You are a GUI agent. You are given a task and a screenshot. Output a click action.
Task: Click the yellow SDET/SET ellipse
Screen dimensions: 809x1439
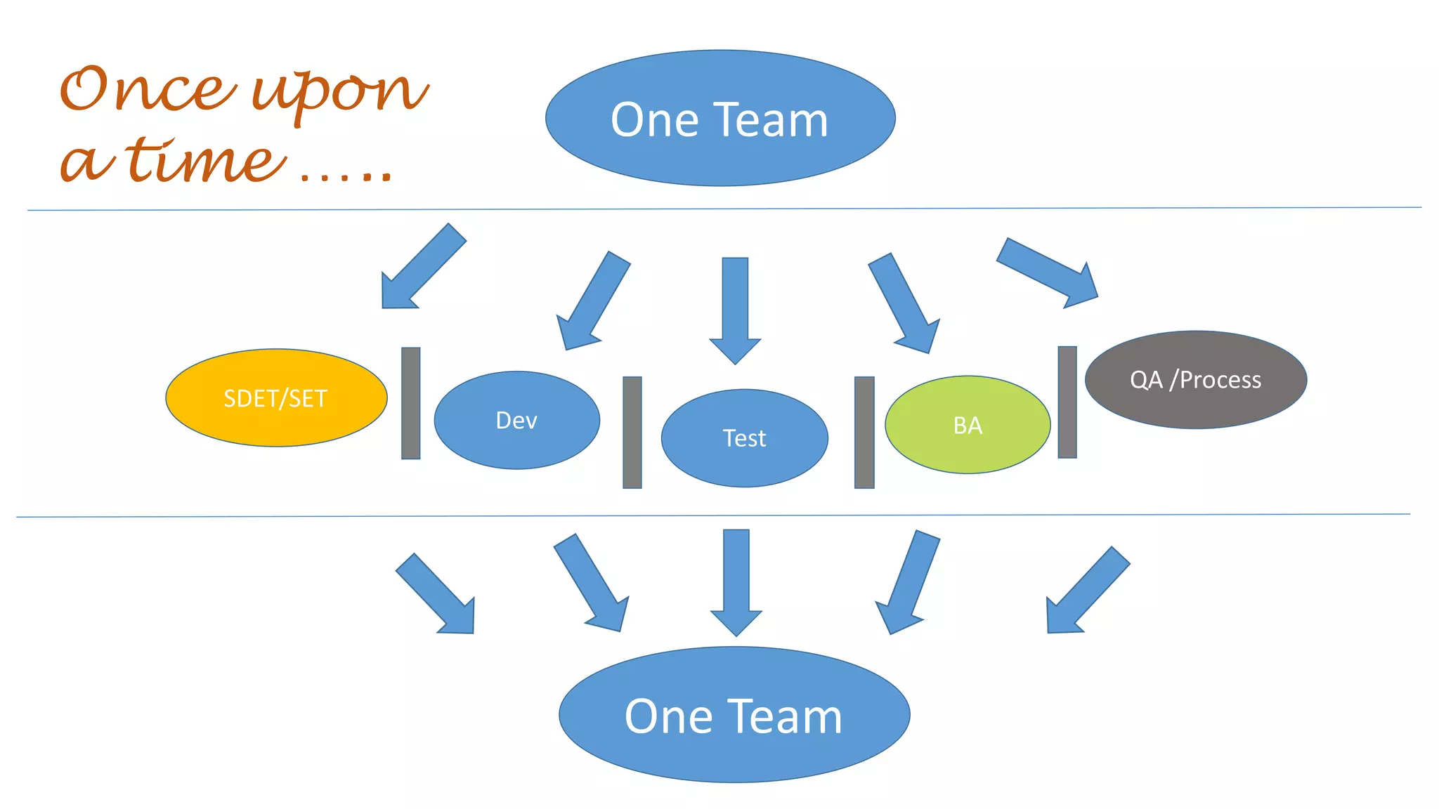pos(276,397)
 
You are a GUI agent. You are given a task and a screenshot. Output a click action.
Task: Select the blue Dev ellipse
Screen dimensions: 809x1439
pos(516,420)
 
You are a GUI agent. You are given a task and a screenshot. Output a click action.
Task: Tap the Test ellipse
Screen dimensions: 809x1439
pos(744,438)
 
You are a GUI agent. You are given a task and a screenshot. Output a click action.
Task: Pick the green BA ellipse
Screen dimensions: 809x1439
pos(968,425)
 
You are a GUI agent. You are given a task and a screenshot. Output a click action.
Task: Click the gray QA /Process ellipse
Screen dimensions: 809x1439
pos(1195,380)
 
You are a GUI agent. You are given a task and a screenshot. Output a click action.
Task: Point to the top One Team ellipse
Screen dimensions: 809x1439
pos(720,118)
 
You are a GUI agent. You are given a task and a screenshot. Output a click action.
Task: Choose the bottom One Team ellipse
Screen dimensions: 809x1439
pos(734,715)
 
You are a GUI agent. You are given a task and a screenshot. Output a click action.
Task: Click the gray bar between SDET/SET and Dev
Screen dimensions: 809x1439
pos(411,403)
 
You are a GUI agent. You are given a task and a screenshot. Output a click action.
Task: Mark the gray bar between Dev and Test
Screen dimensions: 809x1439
pos(632,432)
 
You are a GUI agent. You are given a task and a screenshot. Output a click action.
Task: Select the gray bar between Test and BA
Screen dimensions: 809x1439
pos(864,432)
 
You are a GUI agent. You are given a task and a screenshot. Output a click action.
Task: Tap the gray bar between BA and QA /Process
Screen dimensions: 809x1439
pos(1067,402)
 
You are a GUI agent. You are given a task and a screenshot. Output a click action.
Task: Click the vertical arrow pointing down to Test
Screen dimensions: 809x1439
pos(735,309)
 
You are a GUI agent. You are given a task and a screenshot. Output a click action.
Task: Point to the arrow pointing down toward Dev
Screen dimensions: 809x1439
pos(592,302)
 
